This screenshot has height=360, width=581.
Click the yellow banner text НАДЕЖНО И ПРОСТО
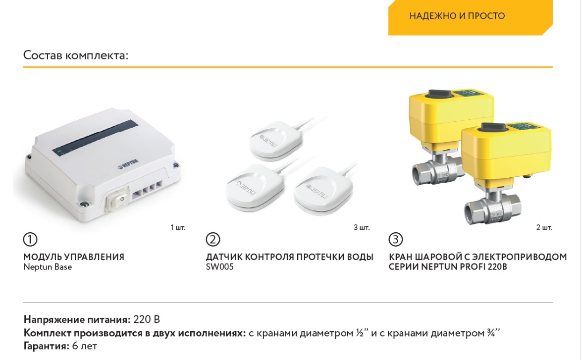457,16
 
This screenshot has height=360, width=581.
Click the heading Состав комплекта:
76,55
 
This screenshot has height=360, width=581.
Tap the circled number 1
30,239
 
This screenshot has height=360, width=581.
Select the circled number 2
212,239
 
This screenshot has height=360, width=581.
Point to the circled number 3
395,239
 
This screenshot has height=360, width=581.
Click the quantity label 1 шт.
178,227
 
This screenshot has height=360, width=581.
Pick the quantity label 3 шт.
361,227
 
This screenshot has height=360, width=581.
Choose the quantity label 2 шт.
544,227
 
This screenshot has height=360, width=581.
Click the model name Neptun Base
48,267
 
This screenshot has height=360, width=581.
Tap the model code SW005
220,267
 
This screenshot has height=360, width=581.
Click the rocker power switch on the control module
118,199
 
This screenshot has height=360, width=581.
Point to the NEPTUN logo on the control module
128,164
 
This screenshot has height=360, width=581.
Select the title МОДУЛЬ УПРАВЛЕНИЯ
74,257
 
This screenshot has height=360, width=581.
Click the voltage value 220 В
147,319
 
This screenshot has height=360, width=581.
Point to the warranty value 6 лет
85,346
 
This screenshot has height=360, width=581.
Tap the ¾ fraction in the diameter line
491,333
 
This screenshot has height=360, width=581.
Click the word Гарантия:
47,346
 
